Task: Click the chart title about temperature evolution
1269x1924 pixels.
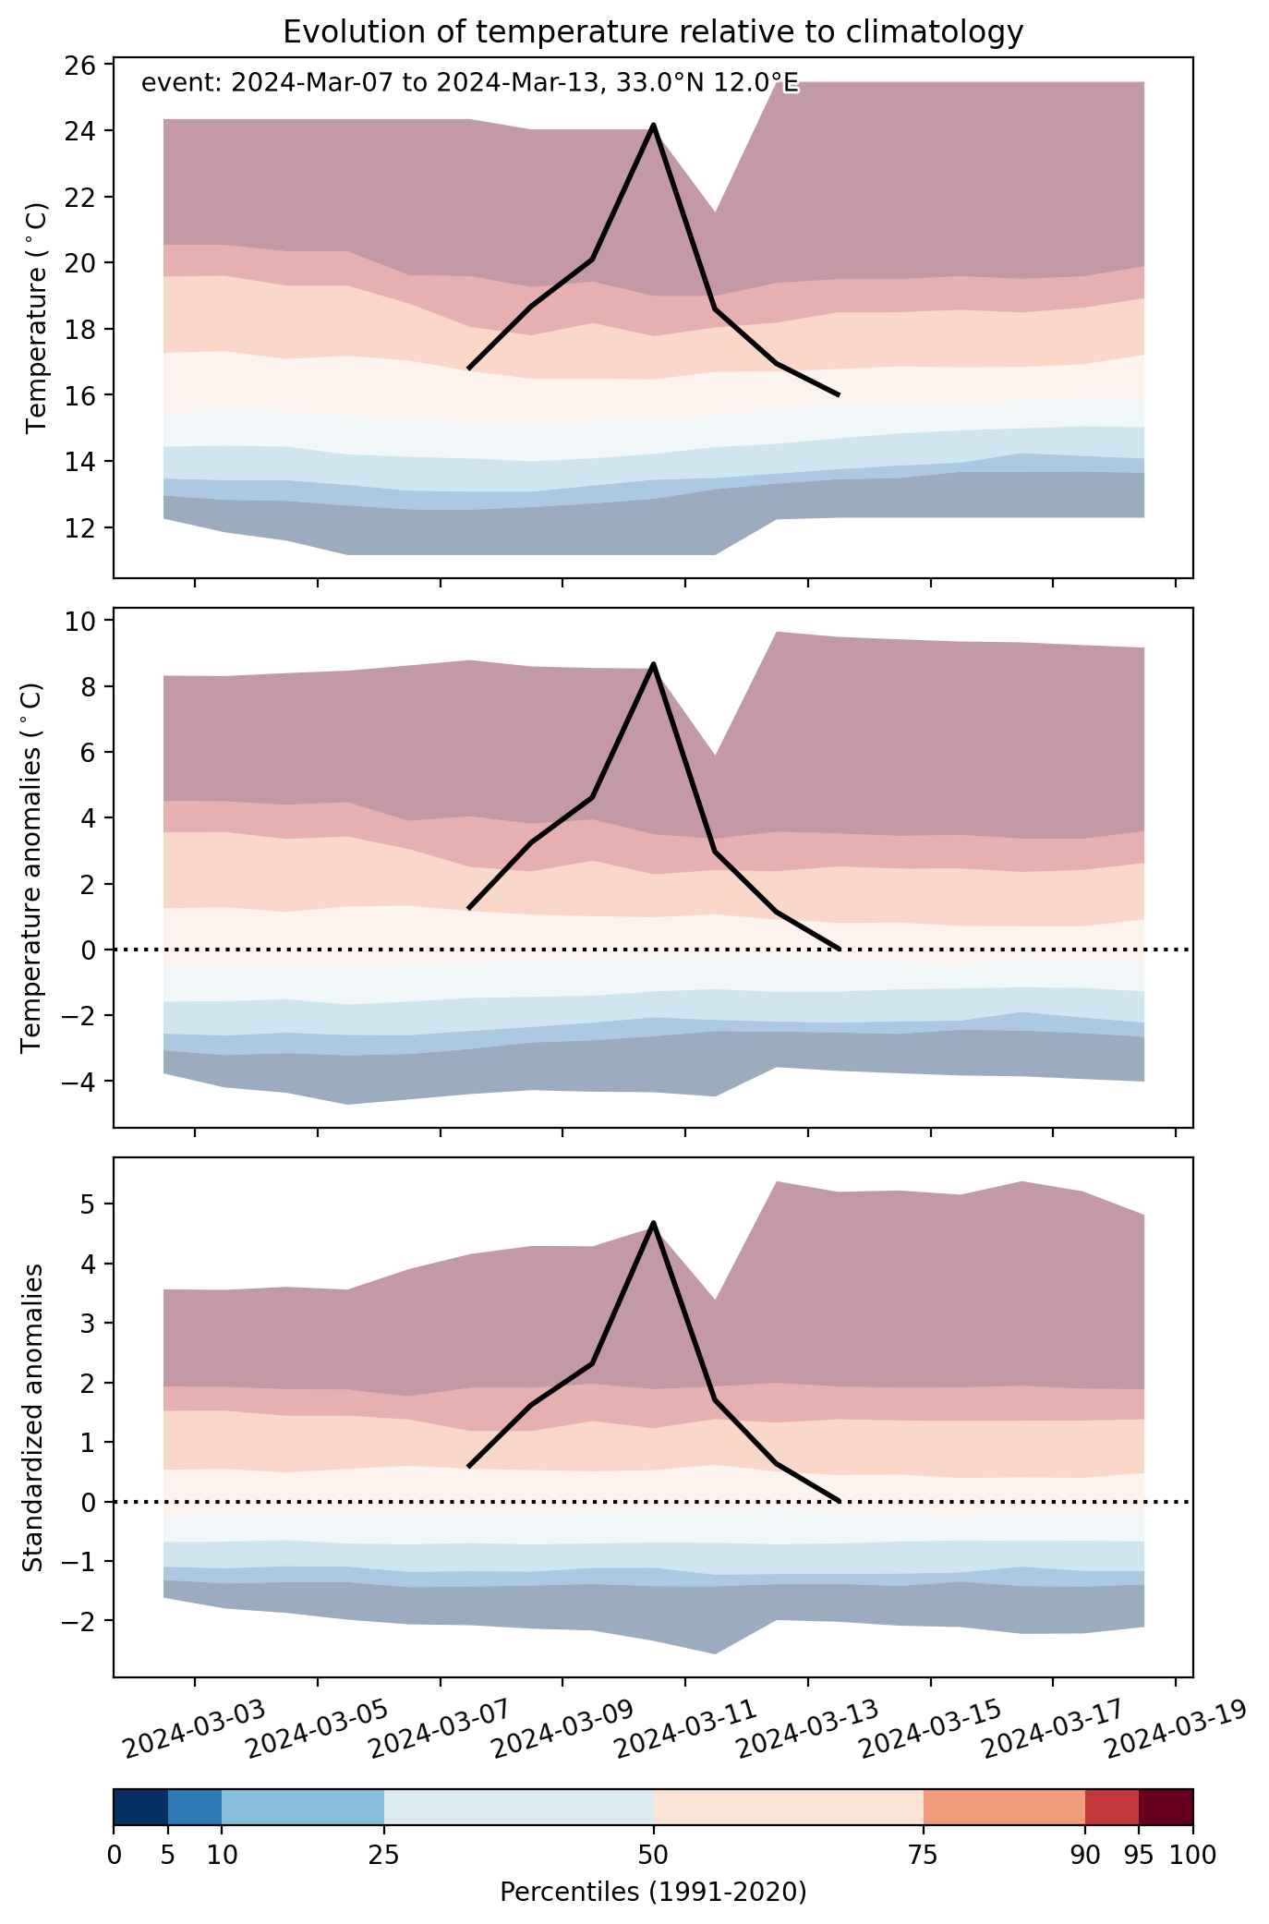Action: (653, 32)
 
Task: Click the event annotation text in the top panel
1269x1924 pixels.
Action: (469, 84)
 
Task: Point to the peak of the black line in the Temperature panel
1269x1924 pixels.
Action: (653, 125)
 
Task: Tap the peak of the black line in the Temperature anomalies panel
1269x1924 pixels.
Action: (653, 664)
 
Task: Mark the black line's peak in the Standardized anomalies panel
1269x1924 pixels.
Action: (653, 1223)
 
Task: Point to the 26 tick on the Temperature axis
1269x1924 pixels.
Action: (86, 65)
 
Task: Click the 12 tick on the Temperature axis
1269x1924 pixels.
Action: (86, 527)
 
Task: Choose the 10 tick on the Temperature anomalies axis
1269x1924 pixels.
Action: (86, 621)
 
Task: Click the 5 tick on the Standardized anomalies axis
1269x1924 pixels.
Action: (93, 1204)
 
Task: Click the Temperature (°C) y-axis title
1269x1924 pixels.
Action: (36, 318)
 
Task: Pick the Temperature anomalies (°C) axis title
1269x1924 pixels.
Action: (32, 867)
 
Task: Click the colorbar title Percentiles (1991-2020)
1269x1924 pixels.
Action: (653, 1893)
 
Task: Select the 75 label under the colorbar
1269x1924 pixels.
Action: (924, 1855)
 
